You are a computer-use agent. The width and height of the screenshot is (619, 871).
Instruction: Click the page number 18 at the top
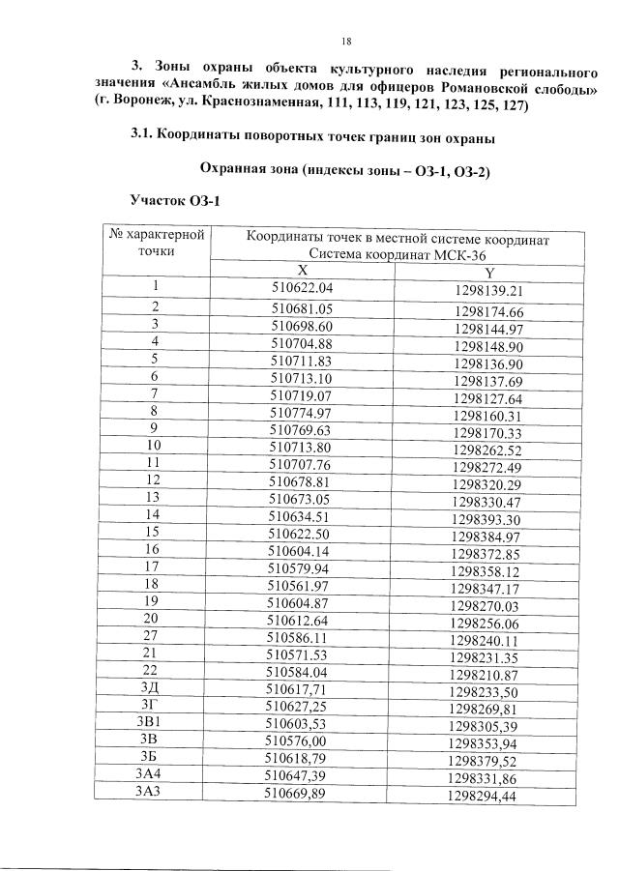tap(345, 41)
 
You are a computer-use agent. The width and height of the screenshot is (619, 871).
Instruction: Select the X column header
tap(303, 272)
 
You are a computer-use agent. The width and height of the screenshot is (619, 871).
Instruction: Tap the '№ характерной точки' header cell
tap(155, 243)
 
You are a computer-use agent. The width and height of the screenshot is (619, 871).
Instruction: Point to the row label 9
tap(153, 427)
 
